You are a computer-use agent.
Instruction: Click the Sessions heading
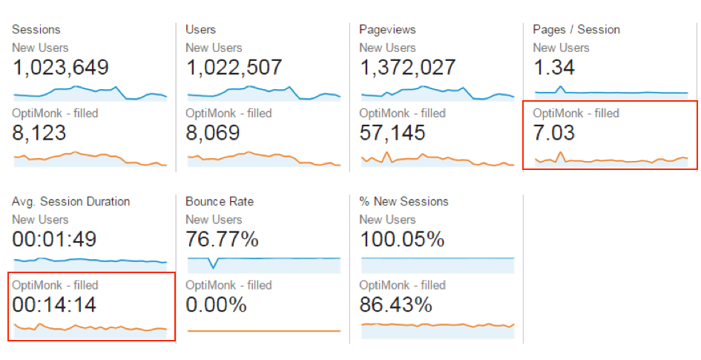click(36, 30)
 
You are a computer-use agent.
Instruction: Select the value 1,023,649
click(61, 68)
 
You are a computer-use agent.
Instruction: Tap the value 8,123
click(39, 134)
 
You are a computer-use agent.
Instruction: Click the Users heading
click(201, 30)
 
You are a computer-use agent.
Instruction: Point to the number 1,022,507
click(234, 68)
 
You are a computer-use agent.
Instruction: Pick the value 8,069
click(213, 134)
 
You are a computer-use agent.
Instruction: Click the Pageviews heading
click(387, 30)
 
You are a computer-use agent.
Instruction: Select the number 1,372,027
click(407, 68)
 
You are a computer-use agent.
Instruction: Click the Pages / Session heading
click(576, 30)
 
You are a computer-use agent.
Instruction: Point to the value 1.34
click(553, 68)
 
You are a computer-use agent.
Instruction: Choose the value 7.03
click(554, 134)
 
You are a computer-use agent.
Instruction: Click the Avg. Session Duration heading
click(71, 202)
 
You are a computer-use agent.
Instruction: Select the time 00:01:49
click(54, 240)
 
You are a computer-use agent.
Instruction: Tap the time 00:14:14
click(54, 305)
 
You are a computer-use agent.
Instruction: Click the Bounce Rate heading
click(220, 202)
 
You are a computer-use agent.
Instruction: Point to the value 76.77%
click(223, 240)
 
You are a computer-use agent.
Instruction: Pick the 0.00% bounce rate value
click(215, 305)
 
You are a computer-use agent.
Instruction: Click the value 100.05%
click(402, 240)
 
